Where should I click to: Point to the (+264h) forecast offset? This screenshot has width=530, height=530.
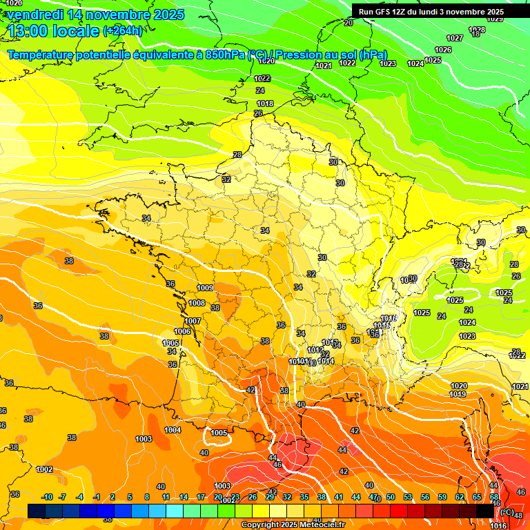[123, 30]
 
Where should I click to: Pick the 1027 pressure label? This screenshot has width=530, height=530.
[455, 38]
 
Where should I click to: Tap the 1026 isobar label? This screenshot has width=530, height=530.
[443, 50]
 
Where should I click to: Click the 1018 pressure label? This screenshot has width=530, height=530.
[265, 104]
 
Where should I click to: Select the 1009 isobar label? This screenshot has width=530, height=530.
[205, 288]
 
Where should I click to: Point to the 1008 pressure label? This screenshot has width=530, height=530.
[197, 303]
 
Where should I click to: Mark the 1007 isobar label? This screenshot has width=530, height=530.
[193, 321]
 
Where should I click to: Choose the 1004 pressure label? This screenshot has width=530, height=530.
[173, 430]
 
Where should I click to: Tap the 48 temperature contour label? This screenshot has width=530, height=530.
[518, 515]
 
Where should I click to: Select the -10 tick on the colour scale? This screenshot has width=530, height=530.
[47, 497]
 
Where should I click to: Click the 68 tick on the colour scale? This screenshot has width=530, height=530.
[495, 497]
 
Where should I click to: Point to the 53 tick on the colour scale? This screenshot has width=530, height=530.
[408, 497]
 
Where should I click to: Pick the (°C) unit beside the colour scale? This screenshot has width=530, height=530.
[507, 511]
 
